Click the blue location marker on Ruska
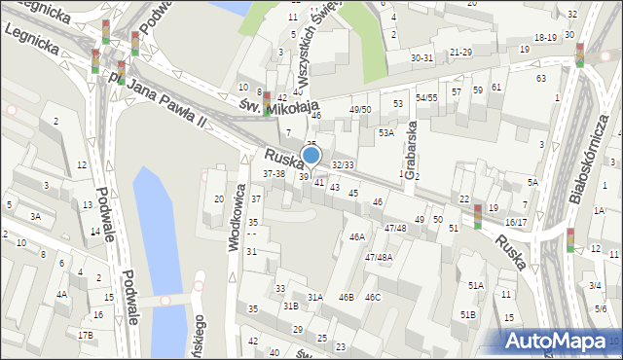[x=311, y=156]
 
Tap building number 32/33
[x=343, y=165]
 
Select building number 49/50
[x=360, y=110]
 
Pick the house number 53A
[x=386, y=132]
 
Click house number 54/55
[x=426, y=98]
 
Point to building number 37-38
[x=274, y=173]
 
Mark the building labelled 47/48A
[x=379, y=257]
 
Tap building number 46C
[x=373, y=297]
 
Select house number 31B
[x=290, y=306]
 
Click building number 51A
[x=476, y=285]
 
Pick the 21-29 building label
[x=460, y=52]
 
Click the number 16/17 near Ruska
[x=516, y=223]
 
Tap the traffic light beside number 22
[x=477, y=216]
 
